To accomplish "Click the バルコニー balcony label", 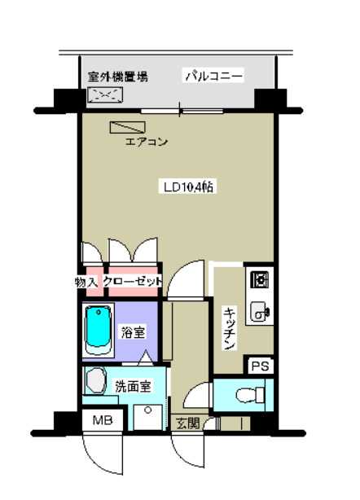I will pos(213,77).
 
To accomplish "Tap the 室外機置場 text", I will pos(118,77).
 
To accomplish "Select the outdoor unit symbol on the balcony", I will pos(106,96).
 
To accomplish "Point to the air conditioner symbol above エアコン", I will pos(127,128).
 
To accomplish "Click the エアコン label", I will pos(146,143).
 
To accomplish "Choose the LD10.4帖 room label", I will pos(187,186).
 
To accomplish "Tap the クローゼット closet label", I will pos(133,281).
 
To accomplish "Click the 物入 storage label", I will pos(86,281).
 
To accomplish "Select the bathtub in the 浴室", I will pos(97,329).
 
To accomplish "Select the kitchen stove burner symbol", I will pos(261,281).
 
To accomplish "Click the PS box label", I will pos(260,366).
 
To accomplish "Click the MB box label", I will pos(102,421).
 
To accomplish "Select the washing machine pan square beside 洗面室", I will pos(148,415).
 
